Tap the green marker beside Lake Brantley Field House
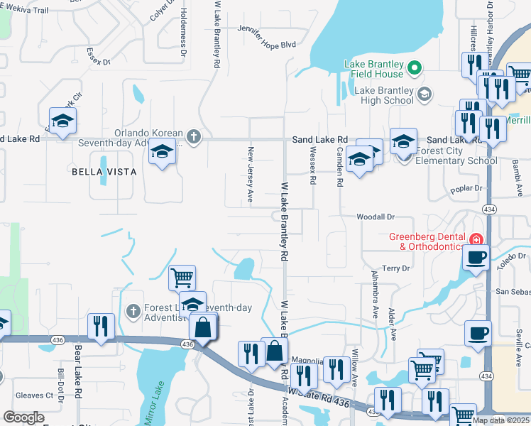tap(415, 68)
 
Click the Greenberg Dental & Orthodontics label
tap(427, 241)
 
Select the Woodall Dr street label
tap(375, 217)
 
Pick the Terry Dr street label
tap(396, 268)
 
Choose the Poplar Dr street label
tap(466, 189)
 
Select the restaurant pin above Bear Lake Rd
tap(100, 327)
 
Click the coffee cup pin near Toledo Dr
tap(476, 256)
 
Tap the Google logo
tap(24, 417)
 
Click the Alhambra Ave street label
tap(376, 294)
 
